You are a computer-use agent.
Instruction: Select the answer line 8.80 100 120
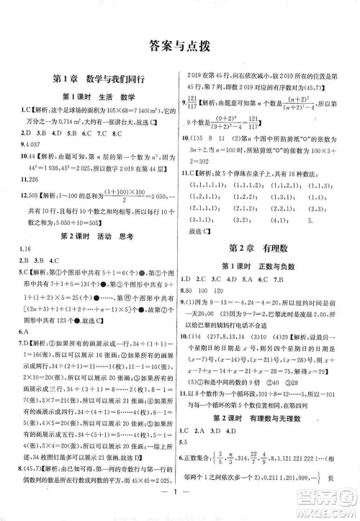coord(209,289)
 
